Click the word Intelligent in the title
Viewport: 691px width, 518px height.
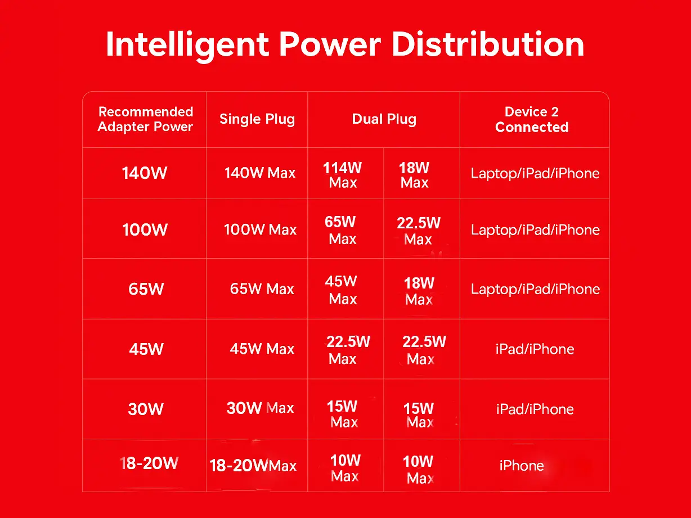[x=187, y=46]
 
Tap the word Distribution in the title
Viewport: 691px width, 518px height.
[x=488, y=44]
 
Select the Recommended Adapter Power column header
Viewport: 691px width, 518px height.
[x=145, y=119]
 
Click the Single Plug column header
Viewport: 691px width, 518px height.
[x=257, y=119]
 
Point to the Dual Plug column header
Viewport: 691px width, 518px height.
[x=384, y=119]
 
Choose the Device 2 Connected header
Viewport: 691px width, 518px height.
[x=532, y=119]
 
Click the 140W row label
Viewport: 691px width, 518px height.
[x=145, y=173]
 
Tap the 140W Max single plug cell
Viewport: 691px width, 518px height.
[x=260, y=173]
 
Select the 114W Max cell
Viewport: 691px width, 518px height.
[x=343, y=175]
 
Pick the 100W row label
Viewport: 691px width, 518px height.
[x=145, y=229]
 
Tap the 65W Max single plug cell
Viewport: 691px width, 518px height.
[x=262, y=289]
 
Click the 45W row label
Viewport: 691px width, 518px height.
[x=146, y=349]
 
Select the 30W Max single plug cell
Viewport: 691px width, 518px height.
[x=260, y=408]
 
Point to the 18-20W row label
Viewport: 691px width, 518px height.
[x=149, y=463]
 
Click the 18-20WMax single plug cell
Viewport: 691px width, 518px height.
[x=253, y=466]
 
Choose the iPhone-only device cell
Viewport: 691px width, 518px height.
[x=522, y=466]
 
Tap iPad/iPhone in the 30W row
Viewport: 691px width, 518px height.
[x=535, y=409]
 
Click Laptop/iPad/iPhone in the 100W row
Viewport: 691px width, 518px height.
[x=535, y=230]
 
